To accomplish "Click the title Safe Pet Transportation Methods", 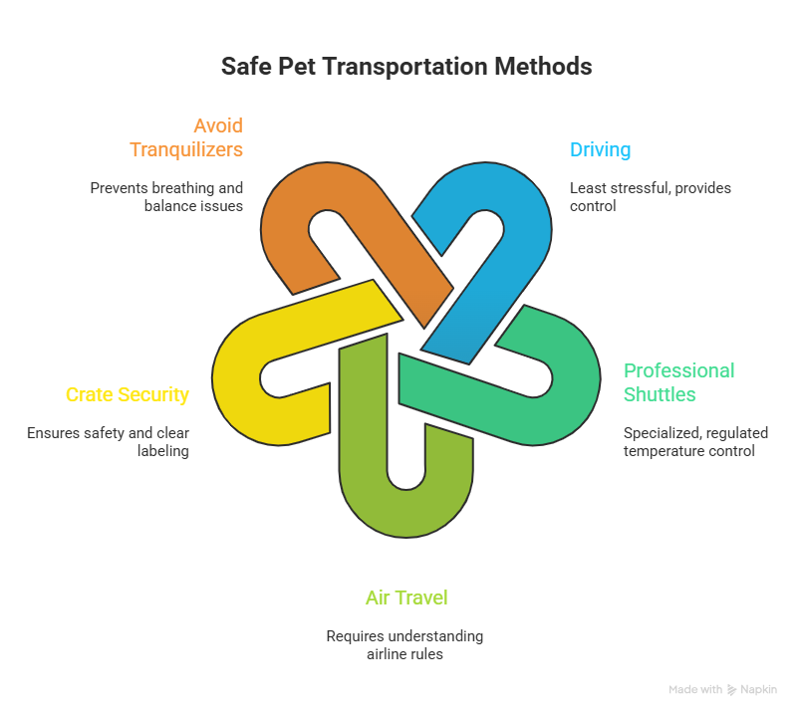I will click(405, 67).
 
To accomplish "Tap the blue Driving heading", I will click(600, 150).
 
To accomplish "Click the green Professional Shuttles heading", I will click(678, 382).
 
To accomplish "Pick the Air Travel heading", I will click(405, 597).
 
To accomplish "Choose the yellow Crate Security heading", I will click(127, 394).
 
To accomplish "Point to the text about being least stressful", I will click(650, 196).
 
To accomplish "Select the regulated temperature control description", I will click(694, 442).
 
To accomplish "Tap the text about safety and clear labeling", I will click(108, 442).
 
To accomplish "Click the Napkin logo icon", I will click(732, 689).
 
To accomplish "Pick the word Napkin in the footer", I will click(758, 689).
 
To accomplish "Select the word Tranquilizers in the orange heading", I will click(186, 149).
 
